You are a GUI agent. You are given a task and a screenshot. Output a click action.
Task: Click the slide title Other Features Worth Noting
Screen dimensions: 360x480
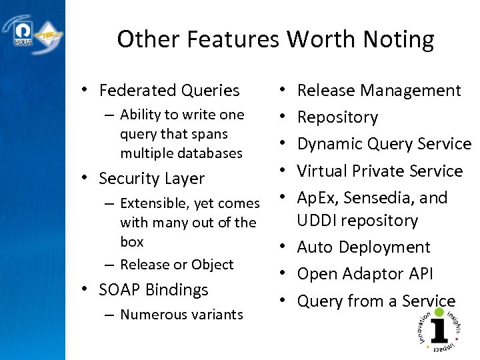275,39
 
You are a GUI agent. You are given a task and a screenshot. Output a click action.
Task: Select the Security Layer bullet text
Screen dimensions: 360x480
151,179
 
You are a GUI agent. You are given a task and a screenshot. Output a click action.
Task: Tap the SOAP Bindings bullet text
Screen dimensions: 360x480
153,290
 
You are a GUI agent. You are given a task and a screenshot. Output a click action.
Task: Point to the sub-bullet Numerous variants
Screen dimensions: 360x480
181,315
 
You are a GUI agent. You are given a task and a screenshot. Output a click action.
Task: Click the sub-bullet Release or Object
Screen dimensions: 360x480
177,265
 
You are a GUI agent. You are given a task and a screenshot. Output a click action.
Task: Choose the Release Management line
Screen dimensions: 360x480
379,91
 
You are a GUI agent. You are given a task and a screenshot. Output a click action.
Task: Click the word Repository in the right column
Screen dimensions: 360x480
337,117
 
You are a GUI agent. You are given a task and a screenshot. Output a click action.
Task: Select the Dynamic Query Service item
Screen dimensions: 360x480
384,144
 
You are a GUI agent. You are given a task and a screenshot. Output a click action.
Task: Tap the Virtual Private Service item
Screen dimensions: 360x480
379,171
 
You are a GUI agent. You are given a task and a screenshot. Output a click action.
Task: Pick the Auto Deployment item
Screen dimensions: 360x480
363,247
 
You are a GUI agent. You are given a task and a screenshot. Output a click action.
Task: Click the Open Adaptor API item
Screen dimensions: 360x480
365,274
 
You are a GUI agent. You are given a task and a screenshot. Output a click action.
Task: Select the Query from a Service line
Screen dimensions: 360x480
376,301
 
